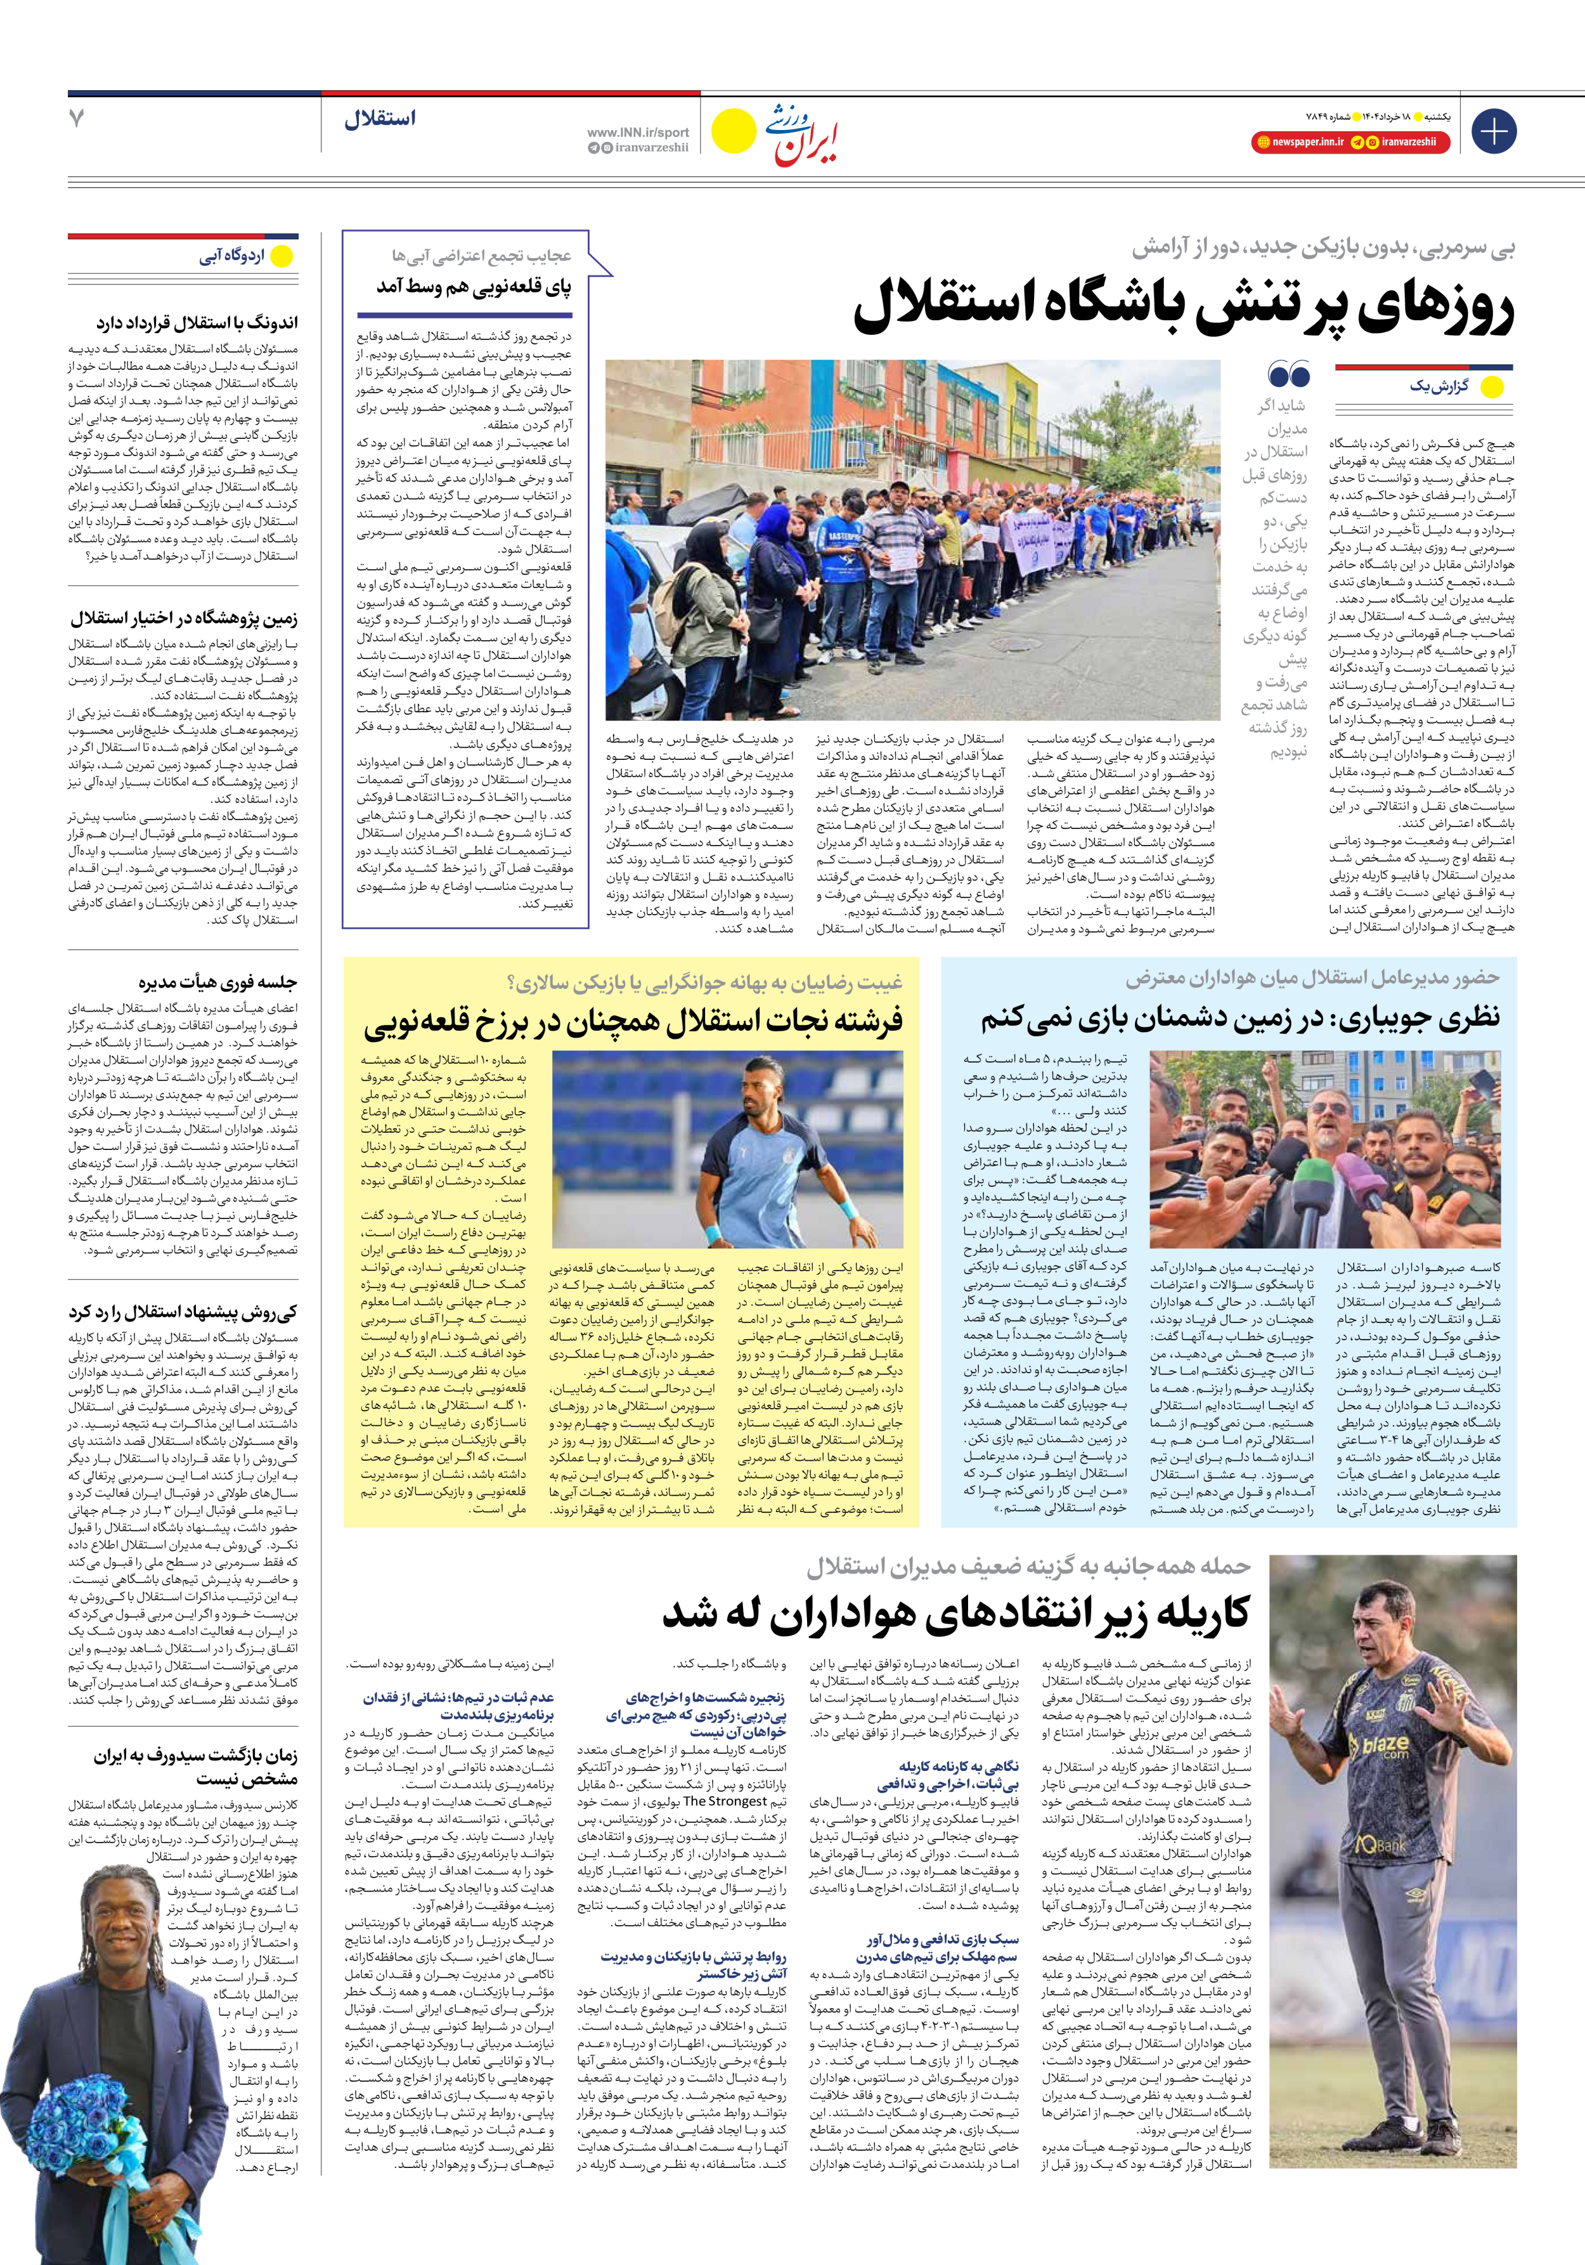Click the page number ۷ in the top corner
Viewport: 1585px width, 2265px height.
77,119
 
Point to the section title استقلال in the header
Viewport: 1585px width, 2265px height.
380,119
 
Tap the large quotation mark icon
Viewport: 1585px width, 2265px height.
1288,375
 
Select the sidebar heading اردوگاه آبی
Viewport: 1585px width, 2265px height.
233,256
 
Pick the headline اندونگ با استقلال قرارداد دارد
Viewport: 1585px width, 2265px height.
197,323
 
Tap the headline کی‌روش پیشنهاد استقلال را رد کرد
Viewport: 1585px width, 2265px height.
183,1312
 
